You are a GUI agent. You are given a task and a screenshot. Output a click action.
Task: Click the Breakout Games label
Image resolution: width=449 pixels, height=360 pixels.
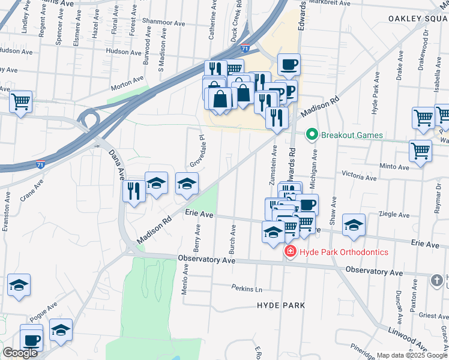[x=352, y=135]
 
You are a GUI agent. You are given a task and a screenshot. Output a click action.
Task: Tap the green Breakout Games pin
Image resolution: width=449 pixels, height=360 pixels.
[x=312, y=134]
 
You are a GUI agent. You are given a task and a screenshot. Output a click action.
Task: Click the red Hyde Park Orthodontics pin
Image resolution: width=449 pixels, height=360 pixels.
[x=291, y=252]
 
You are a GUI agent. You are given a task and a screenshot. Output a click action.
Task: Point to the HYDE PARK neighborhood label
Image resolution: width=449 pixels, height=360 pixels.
[x=280, y=305]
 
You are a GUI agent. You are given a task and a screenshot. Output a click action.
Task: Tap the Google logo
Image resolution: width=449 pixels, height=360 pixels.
[x=20, y=353]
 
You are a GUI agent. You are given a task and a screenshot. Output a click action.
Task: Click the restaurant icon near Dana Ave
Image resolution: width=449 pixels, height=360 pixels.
[x=133, y=191]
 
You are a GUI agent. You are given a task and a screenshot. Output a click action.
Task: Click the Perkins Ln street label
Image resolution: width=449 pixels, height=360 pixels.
[x=247, y=288]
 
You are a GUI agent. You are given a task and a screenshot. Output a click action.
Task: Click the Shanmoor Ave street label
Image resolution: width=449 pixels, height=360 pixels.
[x=163, y=23]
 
